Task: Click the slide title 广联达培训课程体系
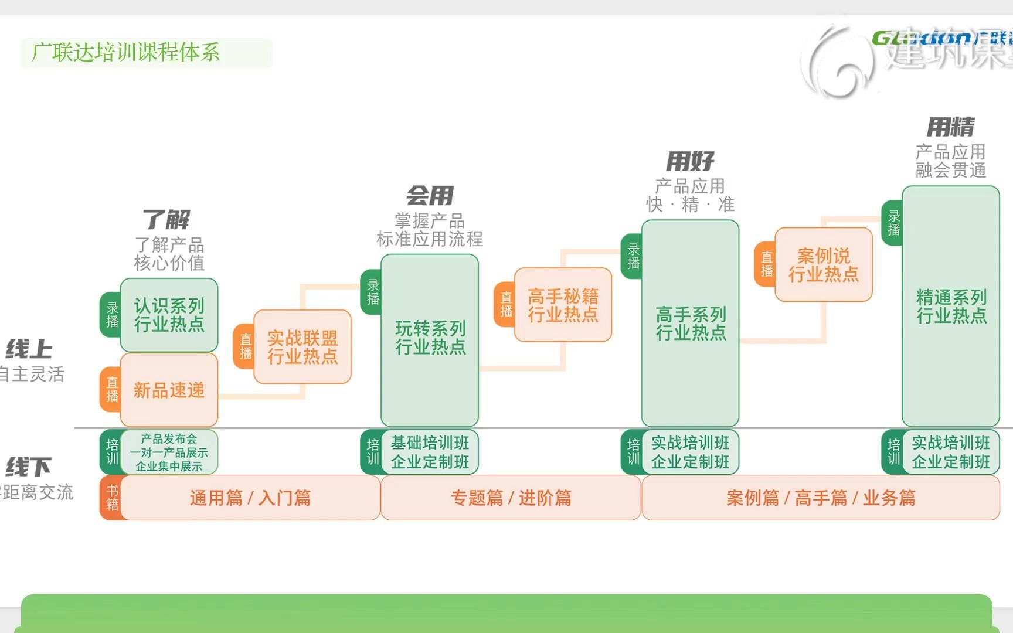126,53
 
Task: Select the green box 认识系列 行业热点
169,315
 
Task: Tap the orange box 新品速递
169,390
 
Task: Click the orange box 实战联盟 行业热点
302,347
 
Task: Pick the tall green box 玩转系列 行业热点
430,339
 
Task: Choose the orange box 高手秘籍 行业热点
563,305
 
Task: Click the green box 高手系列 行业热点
690,324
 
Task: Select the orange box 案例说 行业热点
823,265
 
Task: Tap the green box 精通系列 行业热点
950,307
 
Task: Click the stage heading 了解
166,220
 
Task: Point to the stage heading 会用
430,196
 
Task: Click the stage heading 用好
690,161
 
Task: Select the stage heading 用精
950,127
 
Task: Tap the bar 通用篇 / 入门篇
250,498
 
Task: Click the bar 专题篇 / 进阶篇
511,498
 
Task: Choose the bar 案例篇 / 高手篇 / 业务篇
821,498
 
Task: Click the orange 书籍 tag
112,498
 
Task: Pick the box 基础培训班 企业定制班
430,452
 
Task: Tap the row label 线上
29,349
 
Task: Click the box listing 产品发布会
169,452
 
